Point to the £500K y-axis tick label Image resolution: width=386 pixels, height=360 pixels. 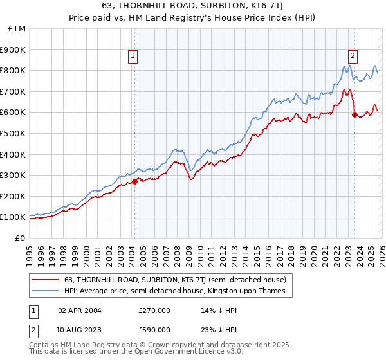point(13,133)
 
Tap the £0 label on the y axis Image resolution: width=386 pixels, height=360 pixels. point(19,238)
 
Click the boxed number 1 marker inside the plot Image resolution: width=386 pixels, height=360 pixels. point(133,56)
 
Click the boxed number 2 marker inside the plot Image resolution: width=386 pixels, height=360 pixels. point(353,56)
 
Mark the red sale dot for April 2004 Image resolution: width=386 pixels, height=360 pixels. point(134,181)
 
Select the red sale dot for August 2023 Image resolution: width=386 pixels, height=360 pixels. point(354,114)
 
